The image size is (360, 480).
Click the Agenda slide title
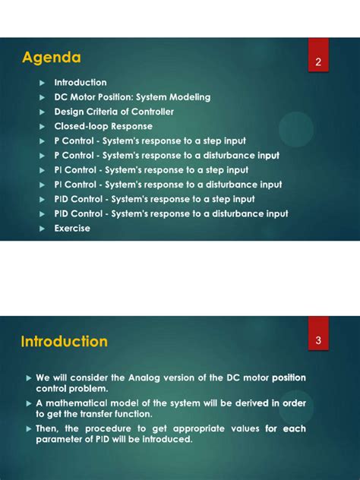click(52, 58)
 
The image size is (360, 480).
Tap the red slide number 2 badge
click(318, 62)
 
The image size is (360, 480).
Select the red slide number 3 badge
click(318, 341)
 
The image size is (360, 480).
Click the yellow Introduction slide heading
click(65, 342)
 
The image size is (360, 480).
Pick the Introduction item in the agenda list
click(81, 82)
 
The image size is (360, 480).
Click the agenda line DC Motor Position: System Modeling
click(132, 97)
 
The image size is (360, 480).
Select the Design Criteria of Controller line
click(114, 112)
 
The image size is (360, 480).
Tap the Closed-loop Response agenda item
click(103, 126)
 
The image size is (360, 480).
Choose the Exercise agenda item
click(72, 228)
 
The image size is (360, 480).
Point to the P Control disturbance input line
click(166, 155)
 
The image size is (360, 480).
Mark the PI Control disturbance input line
click(168, 185)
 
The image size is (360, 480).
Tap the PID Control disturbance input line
click(171, 213)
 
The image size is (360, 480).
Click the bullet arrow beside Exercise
click(43, 228)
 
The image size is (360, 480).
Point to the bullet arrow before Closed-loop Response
click(43, 126)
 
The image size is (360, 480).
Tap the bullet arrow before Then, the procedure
click(28, 429)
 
